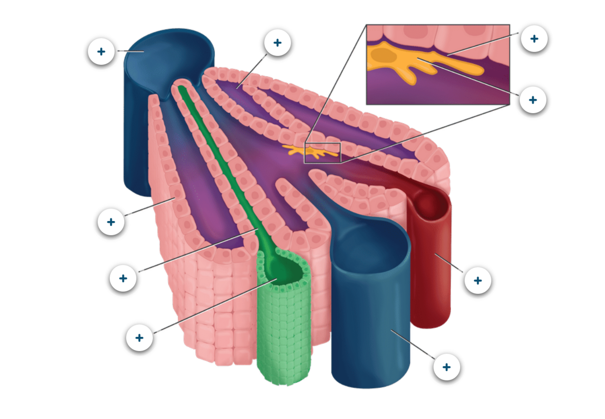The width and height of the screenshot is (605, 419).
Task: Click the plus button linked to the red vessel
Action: (x=478, y=280)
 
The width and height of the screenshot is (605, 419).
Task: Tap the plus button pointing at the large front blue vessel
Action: (x=447, y=367)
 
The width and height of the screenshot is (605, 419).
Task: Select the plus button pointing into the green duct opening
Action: (x=139, y=337)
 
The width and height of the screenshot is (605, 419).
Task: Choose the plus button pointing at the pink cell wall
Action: (x=111, y=222)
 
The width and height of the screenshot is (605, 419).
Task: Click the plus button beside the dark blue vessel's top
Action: (x=101, y=51)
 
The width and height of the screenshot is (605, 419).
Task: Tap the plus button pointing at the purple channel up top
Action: (x=277, y=43)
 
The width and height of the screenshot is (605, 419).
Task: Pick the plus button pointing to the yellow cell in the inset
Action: (x=533, y=100)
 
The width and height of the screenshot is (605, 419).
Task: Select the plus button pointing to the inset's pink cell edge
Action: (x=534, y=39)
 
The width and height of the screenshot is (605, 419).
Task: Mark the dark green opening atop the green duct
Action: (x=286, y=272)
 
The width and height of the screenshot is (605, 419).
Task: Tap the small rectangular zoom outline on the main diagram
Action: (x=322, y=153)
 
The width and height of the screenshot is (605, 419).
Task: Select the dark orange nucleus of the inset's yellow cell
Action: (x=382, y=56)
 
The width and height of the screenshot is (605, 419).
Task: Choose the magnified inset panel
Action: (x=438, y=64)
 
